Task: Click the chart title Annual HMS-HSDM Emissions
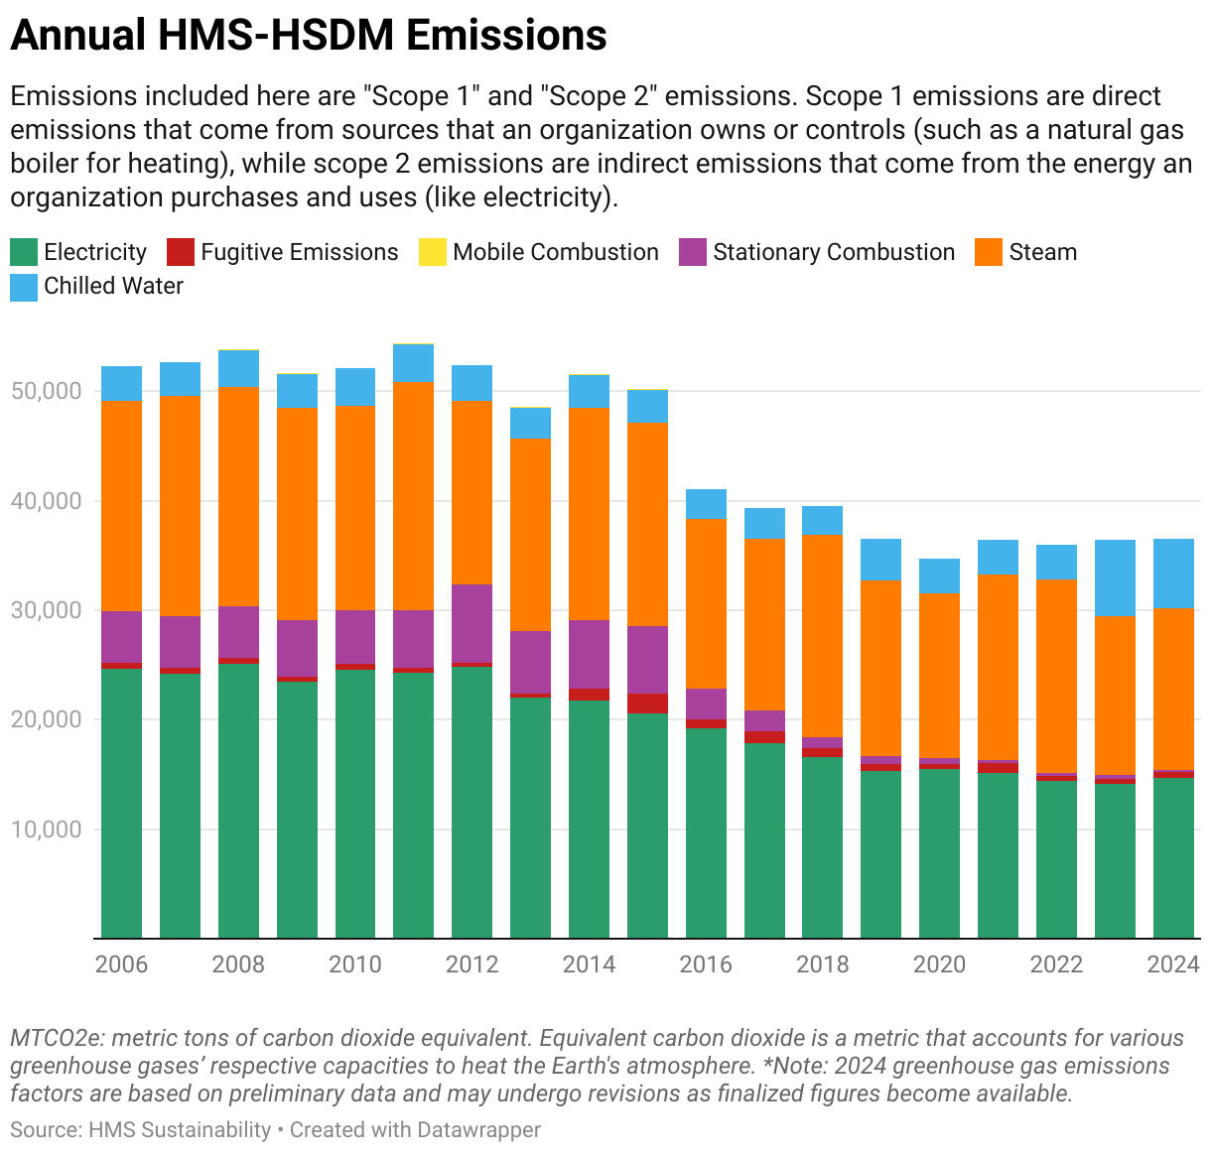click(308, 36)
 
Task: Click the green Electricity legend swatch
click(24, 252)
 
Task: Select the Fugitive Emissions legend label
click(299, 252)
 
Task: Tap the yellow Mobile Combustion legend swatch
click(433, 252)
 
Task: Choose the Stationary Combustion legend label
click(834, 252)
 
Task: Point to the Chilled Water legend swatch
click(24, 287)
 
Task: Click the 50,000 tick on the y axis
click(46, 391)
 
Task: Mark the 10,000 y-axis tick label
click(46, 830)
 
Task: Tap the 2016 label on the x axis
click(706, 964)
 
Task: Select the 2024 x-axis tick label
click(1173, 964)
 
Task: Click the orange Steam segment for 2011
click(413, 496)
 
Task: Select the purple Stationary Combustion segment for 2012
click(471, 623)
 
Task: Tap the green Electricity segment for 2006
click(121, 804)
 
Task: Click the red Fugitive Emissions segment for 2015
click(647, 704)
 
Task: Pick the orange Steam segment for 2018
click(822, 635)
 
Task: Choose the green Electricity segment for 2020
click(939, 853)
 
